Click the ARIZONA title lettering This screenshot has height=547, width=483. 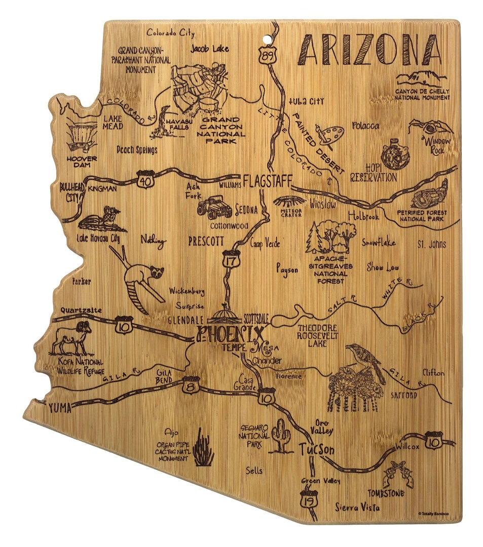point(368,49)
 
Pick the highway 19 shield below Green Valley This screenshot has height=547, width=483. point(308,497)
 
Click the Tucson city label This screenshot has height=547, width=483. point(317,449)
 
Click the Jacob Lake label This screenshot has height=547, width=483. point(210,49)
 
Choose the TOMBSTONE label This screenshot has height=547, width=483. point(387,493)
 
